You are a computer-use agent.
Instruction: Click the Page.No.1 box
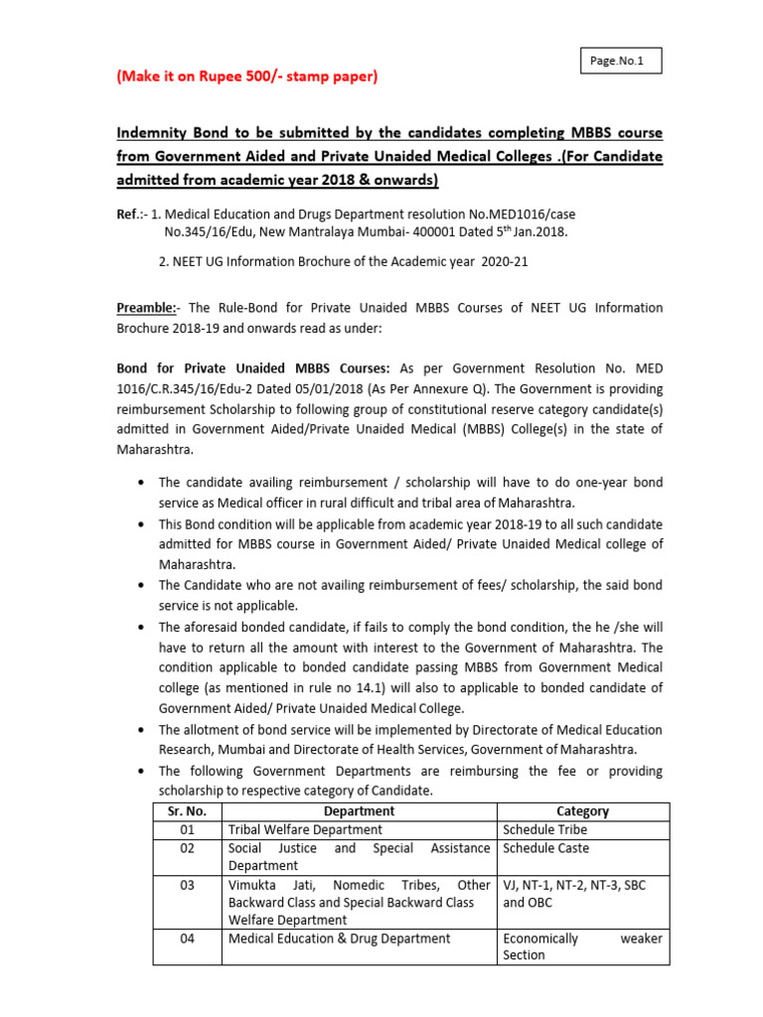[x=618, y=61]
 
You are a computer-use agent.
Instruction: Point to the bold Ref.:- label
[x=134, y=212]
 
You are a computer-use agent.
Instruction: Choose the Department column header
[x=359, y=810]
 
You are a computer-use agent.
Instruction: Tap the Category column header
[x=582, y=810]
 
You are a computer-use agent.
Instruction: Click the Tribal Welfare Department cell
[x=305, y=829]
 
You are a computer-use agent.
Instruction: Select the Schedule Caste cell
[x=545, y=848]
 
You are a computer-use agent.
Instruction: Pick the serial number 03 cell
[x=187, y=885]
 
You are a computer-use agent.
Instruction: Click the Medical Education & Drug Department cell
[x=339, y=938]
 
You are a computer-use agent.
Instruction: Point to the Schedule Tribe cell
[x=544, y=829]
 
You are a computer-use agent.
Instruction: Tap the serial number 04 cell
[x=187, y=938]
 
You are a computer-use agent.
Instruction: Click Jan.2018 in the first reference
[x=538, y=230]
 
